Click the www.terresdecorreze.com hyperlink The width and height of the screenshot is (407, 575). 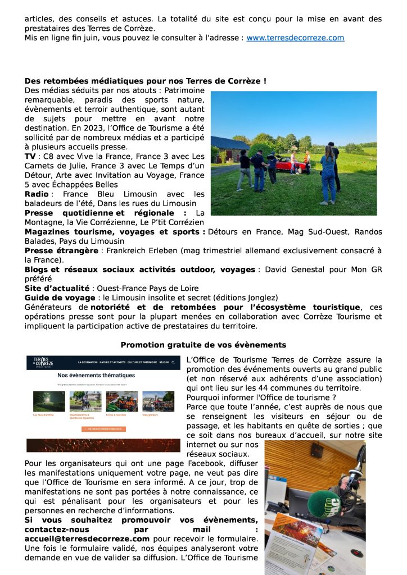295,38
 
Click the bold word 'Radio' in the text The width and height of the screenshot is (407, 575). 37,194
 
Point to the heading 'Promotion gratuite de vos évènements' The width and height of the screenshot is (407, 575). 203,345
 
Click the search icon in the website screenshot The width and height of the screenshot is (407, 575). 174,363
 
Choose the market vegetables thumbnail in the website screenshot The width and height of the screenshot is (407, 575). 121,401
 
